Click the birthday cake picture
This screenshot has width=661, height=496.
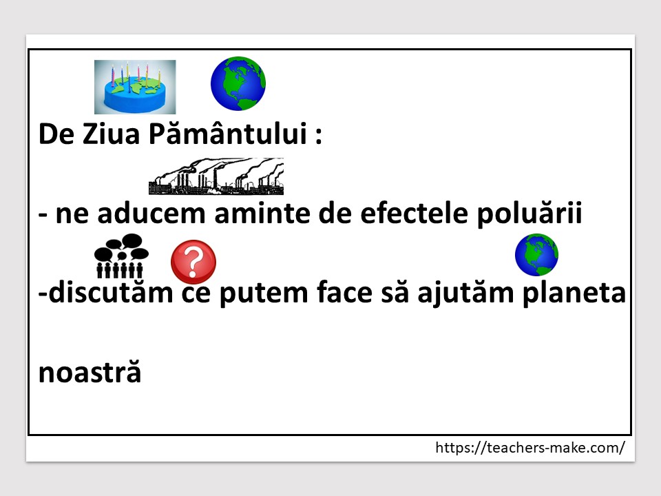[x=135, y=87]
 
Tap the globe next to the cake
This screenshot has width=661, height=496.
[x=238, y=83]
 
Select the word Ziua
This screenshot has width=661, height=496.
[x=111, y=134]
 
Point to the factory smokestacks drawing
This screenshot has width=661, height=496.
[x=216, y=176]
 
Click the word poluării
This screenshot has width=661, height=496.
[x=529, y=213]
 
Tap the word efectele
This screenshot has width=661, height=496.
[x=414, y=213]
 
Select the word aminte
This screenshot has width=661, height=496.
[x=262, y=213]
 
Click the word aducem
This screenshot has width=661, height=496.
[x=151, y=213]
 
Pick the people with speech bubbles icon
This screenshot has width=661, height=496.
[x=121, y=256]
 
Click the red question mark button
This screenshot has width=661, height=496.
[x=193, y=262]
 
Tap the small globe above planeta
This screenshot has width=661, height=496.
[x=536, y=255]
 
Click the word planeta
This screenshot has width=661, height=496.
[x=574, y=293]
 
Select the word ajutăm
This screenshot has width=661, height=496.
[x=465, y=293]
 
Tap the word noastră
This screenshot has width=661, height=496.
[x=90, y=371]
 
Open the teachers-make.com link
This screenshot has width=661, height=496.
[x=530, y=447]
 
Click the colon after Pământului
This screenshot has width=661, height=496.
[x=319, y=135]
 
